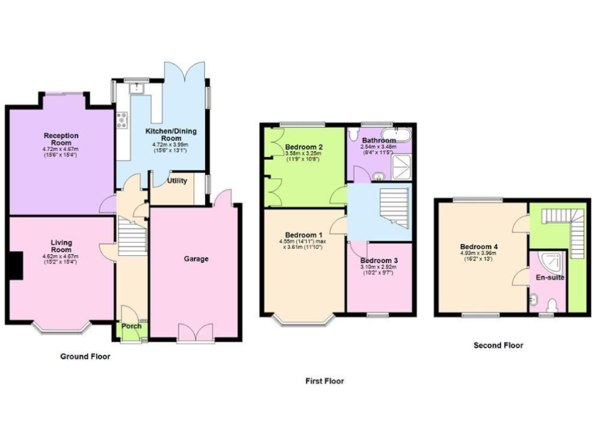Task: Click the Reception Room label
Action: point(61,138)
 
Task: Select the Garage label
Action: point(196,259)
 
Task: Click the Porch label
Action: point(132,326)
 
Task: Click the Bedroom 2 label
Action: point(303,146)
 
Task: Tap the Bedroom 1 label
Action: point(304,234)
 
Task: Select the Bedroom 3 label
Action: point(378,261)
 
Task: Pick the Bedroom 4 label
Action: point(479,247)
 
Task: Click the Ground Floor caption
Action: point(85,357)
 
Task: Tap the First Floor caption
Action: point(325,381)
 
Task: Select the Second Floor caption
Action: point(498,345)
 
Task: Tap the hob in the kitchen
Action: point(122,119)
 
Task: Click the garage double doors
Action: point(194,333)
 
